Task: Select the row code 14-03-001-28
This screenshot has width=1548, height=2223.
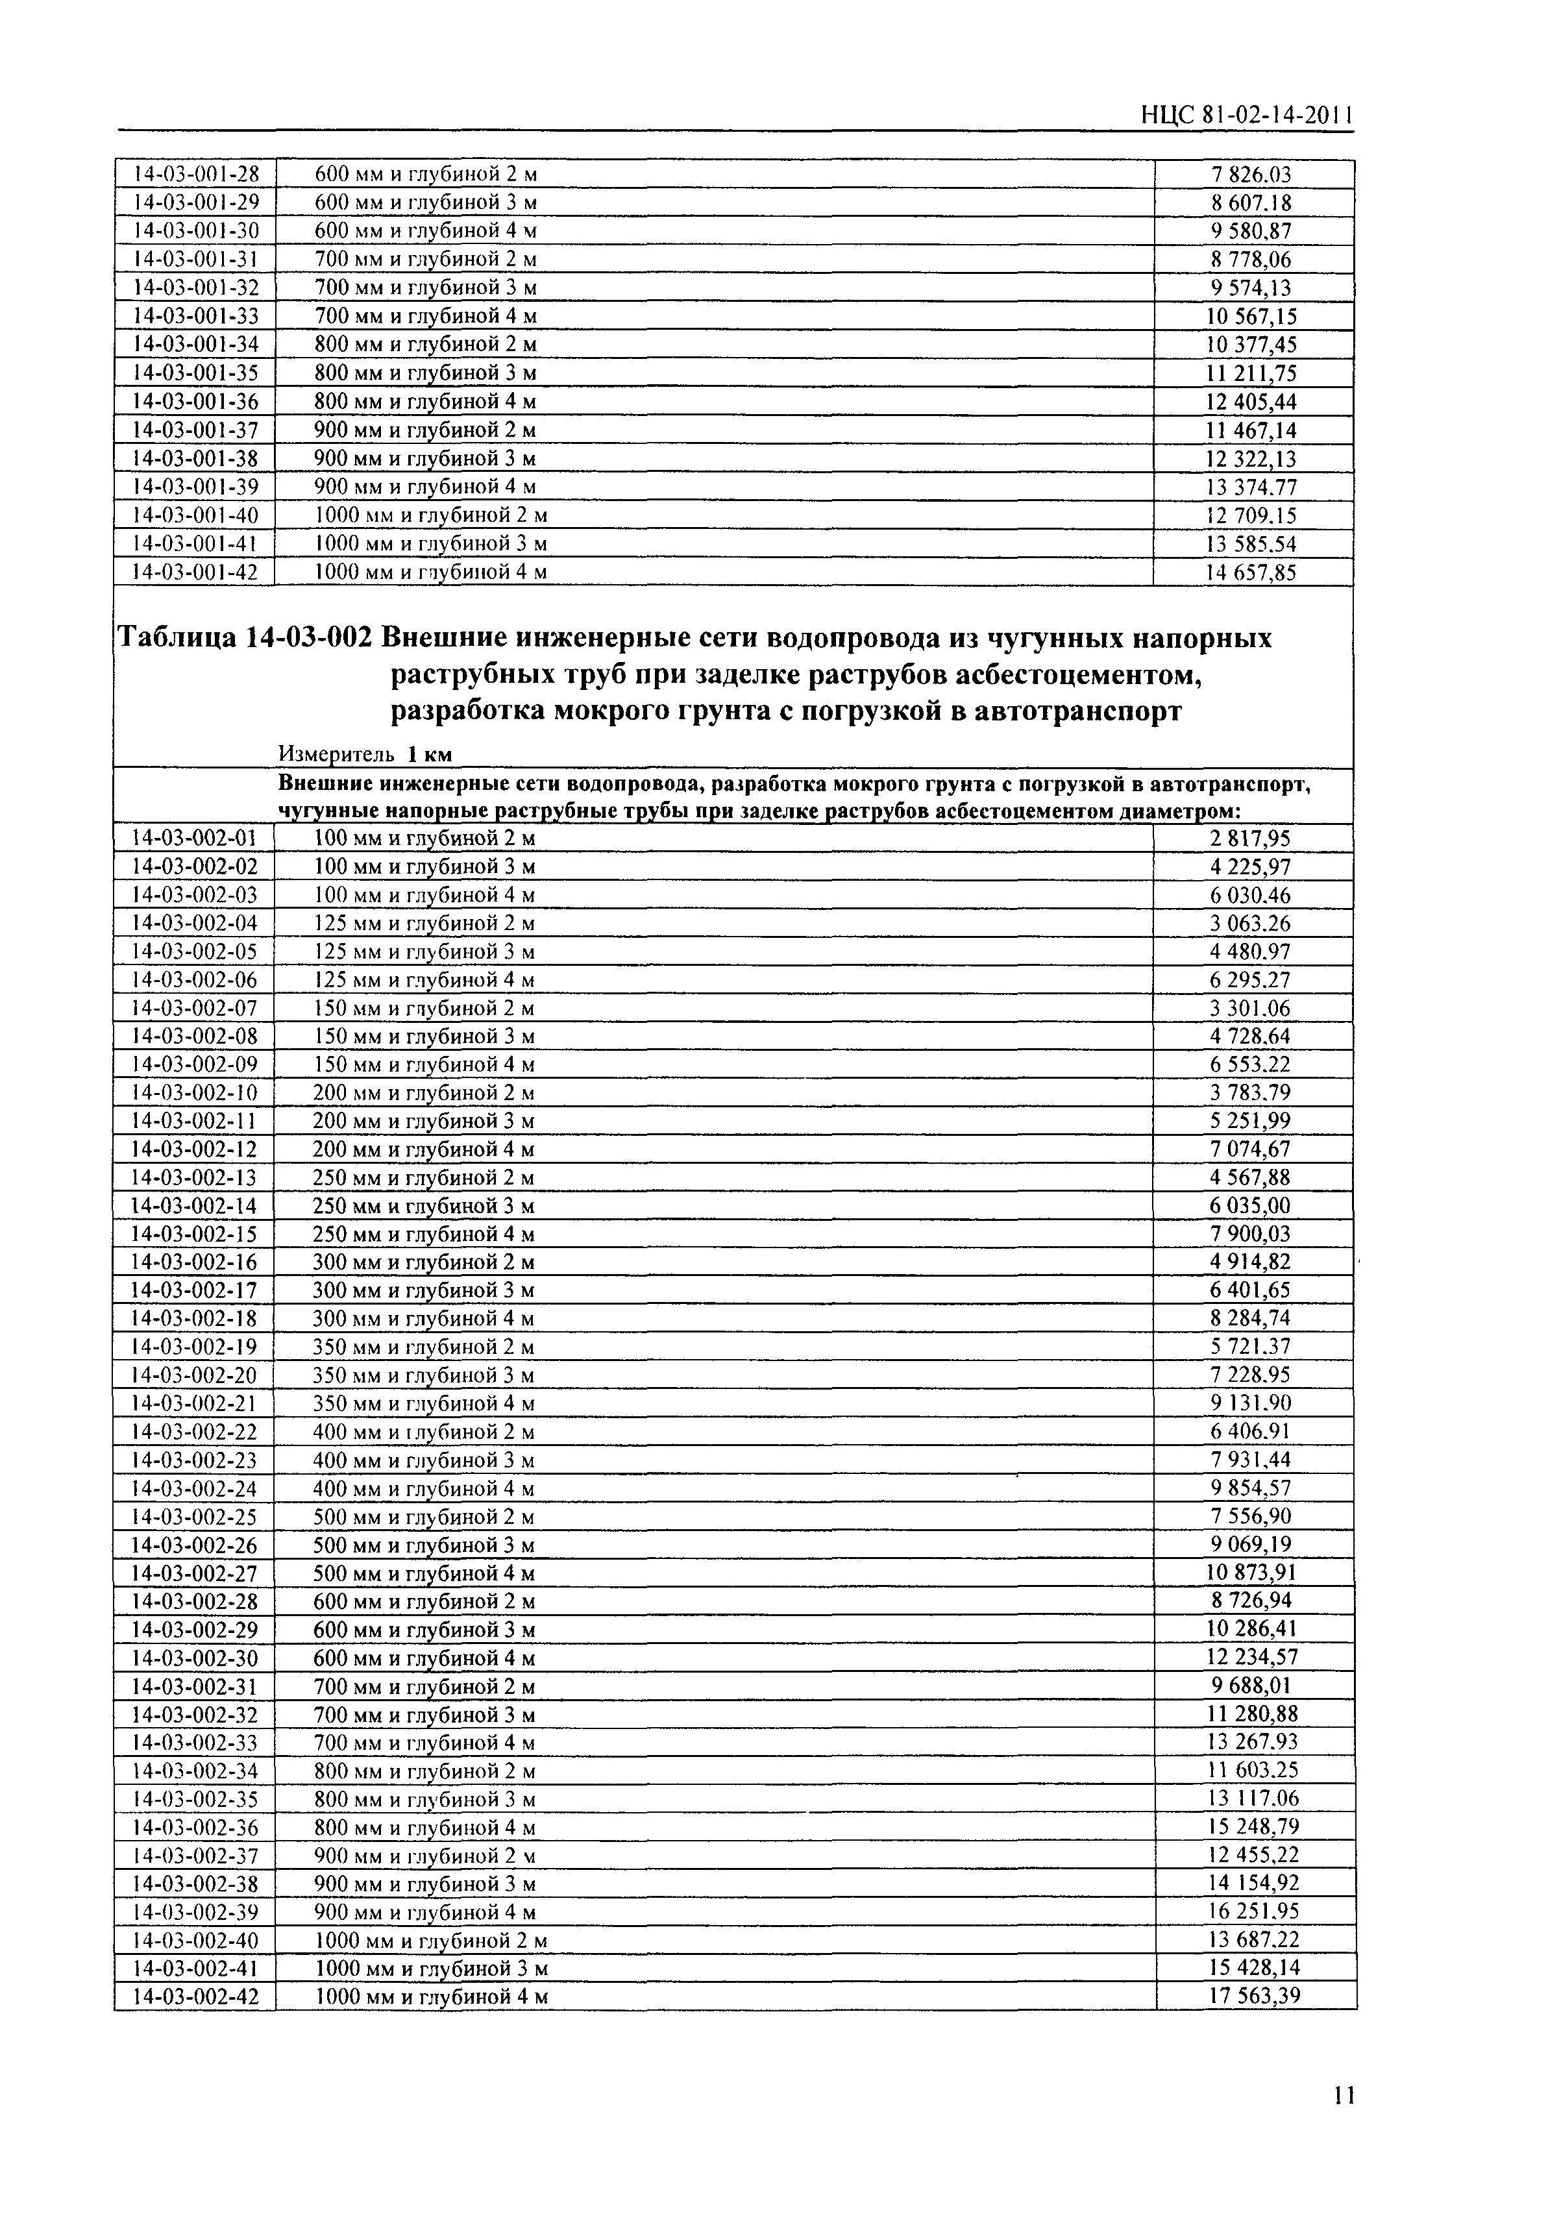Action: [195, 175]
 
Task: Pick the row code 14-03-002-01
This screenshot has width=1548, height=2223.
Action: [195, 839]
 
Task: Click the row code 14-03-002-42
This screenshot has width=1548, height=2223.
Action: [195, 1995]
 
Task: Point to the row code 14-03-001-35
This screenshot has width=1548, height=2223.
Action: [195, 373]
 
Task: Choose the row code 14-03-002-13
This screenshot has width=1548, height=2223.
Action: [195, 1177]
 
